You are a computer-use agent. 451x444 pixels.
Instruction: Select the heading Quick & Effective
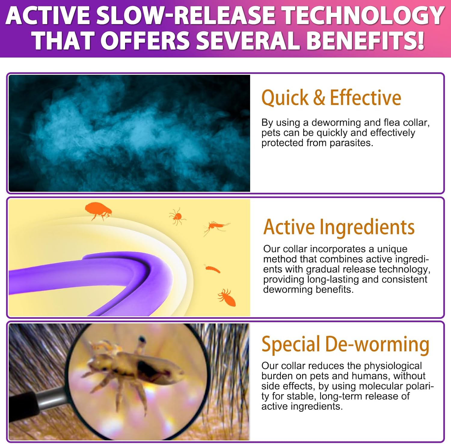(331, 98)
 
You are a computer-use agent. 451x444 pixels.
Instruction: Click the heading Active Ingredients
(339, 227)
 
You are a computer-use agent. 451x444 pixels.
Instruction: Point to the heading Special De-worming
(345, 344)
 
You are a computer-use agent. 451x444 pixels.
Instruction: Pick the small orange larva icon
(212, 269)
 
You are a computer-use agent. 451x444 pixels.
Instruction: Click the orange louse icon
(227, 297)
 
